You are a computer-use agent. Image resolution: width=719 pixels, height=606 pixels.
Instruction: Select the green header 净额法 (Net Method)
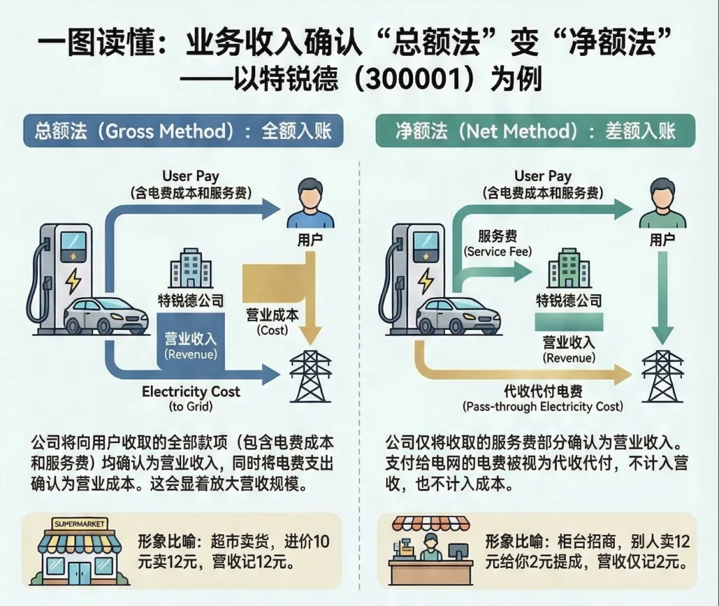pos(535,131)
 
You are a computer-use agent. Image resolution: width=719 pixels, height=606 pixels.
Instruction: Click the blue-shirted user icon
pos(308,203)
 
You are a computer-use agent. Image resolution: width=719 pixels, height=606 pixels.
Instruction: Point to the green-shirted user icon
pos(662,203)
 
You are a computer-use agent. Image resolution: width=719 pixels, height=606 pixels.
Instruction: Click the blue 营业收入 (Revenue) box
pos(190,346)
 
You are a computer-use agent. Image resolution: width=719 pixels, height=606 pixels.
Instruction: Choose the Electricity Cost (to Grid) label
pos(190,398)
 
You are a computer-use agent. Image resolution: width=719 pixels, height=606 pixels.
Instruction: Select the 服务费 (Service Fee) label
pos(497,243)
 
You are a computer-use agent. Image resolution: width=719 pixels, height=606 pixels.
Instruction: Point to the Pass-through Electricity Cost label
pos(543,399)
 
